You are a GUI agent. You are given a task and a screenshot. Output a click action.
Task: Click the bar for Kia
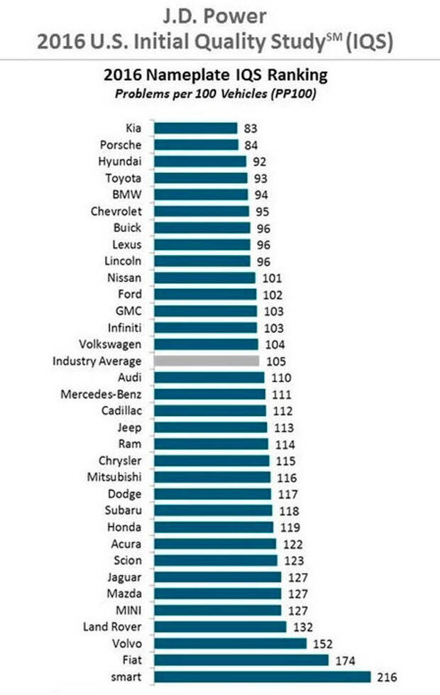point(196,128)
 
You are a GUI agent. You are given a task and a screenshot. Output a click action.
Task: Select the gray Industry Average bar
point(207,361)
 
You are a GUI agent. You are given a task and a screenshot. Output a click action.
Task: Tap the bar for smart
point(263,677)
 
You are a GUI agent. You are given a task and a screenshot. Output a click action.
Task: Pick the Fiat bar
point(241,660)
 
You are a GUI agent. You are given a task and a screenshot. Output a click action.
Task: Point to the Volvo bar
point(231,643)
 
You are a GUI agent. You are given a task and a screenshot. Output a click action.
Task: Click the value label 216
point(387,677)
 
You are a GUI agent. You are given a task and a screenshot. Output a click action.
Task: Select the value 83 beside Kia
point(249,128)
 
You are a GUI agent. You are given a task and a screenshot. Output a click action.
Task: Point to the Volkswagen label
point(110,344)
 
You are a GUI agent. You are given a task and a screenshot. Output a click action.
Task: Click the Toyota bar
point(201,178)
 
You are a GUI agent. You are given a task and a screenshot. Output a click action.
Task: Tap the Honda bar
point(214,527)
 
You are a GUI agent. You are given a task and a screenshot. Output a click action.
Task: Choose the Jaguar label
point(123,577)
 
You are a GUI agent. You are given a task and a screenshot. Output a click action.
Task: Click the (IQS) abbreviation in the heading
point(369,43)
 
